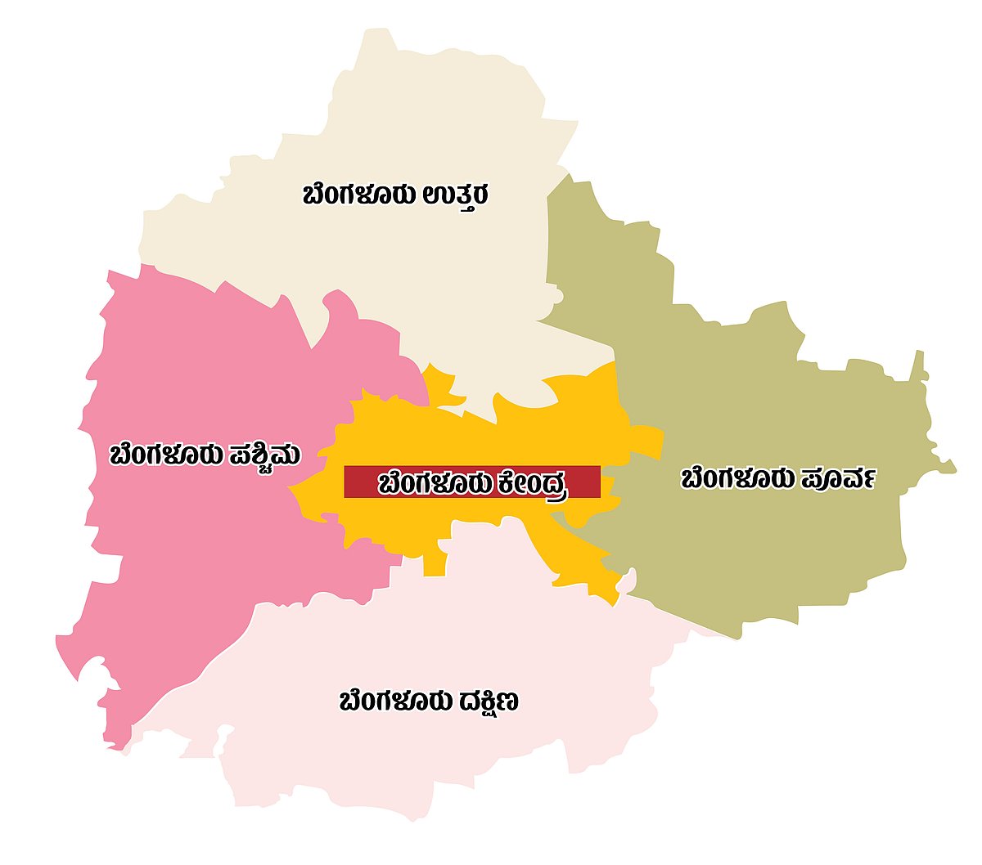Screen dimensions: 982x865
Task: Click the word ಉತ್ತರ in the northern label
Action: point(456,196)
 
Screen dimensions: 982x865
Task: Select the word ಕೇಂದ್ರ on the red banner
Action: point(530,483)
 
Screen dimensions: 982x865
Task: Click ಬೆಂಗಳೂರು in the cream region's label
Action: point(361,196)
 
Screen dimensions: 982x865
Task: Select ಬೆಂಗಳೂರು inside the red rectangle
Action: point(433,483)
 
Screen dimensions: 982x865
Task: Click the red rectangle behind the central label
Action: point(360,482)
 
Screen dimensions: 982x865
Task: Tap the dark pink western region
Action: point(188,556)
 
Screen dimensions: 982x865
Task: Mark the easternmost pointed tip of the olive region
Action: point(953,470)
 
